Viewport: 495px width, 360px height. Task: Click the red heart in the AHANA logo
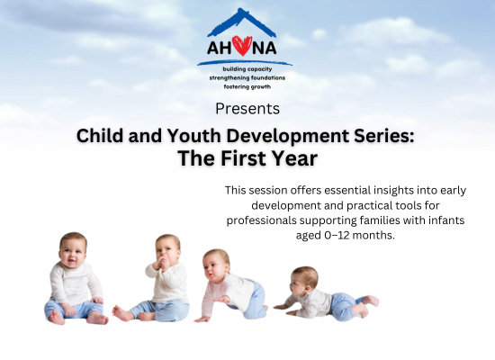242,46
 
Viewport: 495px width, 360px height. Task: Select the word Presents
247,109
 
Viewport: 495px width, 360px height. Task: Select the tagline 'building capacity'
247,69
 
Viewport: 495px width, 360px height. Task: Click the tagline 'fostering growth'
247,86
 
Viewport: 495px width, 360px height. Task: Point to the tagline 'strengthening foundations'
247,77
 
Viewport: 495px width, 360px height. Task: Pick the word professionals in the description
261,220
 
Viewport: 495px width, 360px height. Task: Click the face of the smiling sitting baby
72,254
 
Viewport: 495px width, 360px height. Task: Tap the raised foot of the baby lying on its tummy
370,301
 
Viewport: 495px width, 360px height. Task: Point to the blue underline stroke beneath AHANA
245,63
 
